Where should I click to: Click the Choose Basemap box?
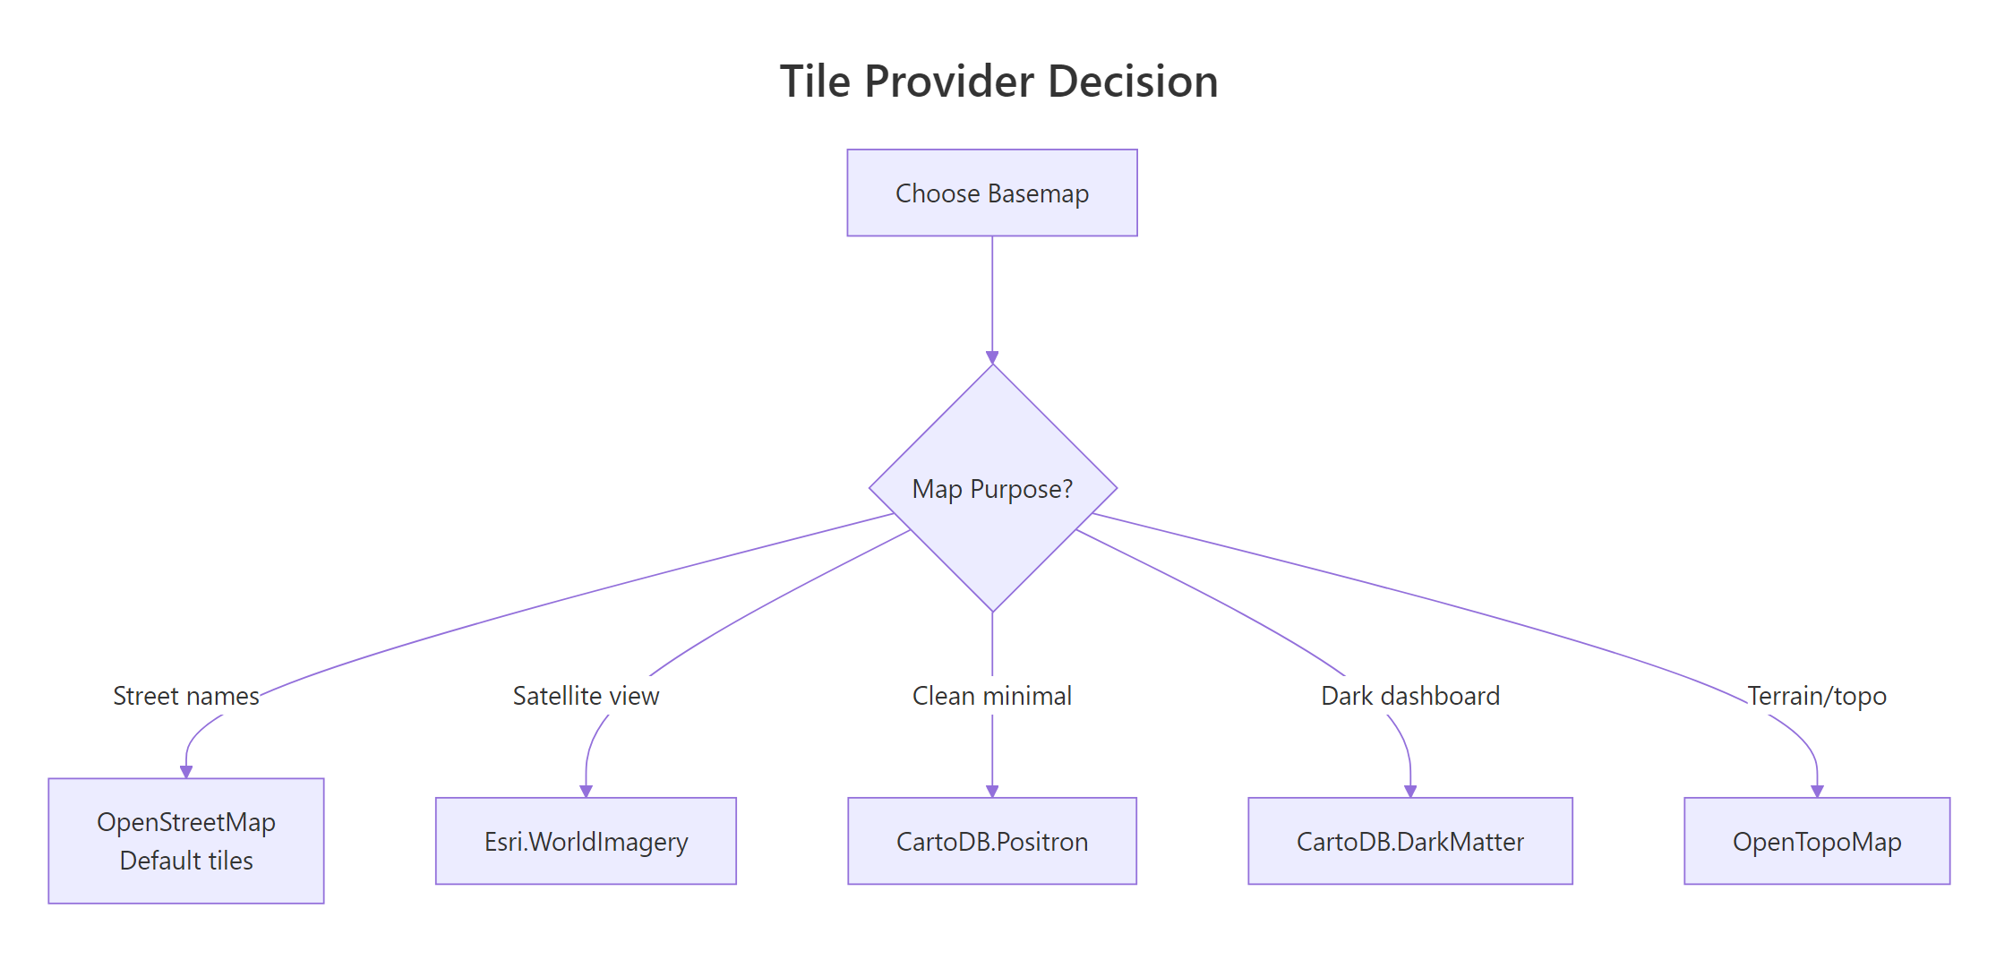pos(992,193)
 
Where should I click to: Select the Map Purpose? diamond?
pos(992,489)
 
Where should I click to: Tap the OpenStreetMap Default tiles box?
pos(186,840)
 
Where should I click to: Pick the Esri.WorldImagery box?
pos(586,841)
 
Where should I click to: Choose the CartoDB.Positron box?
pos(992,841)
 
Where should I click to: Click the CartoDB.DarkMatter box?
pos(1410,841)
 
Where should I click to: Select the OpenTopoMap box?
pos(1817,841)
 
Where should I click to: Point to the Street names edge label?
pos(185,696)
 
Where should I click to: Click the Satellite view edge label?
pos(586,696)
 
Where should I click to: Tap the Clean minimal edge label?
pos(992,696)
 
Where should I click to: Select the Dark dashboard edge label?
pos(1410,696)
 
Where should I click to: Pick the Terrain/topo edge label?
pos(1817,696)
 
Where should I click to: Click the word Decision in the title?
pos(1133,81)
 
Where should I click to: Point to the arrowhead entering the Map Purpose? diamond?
pos(992,357)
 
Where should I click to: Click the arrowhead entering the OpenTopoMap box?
pos(1817,791)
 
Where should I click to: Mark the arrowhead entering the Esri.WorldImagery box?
pos(586,791)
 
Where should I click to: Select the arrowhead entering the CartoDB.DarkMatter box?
pos(1410,791)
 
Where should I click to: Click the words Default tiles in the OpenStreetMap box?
pos(186,861)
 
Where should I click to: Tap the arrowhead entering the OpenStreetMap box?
pos(186,771)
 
